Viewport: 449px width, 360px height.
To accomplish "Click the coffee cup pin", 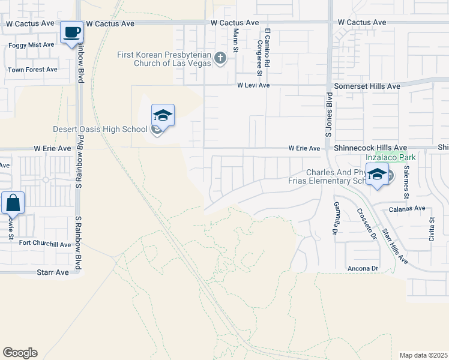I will tap(71, 33).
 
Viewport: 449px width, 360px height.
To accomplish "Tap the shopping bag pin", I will tap(13, 204).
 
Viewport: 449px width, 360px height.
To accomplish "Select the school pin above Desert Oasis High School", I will tap(163, 115).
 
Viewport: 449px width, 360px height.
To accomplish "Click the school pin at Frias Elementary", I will tap(377, 175).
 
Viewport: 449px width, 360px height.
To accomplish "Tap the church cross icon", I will tap(220, 58).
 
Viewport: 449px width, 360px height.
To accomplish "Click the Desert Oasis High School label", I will tap(100, 129).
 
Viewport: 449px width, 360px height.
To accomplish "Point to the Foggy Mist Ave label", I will tap(31, 45).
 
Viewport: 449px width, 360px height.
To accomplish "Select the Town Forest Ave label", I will tap(32, 70).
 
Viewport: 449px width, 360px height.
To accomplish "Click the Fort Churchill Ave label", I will tap(45, 244).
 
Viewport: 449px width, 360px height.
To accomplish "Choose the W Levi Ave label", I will tap(253, 85).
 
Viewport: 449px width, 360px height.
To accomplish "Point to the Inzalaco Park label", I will tap(391, 157).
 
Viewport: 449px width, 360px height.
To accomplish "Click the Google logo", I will tap(20, 353).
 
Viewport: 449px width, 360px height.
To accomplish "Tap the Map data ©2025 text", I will tap(423, 355).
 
